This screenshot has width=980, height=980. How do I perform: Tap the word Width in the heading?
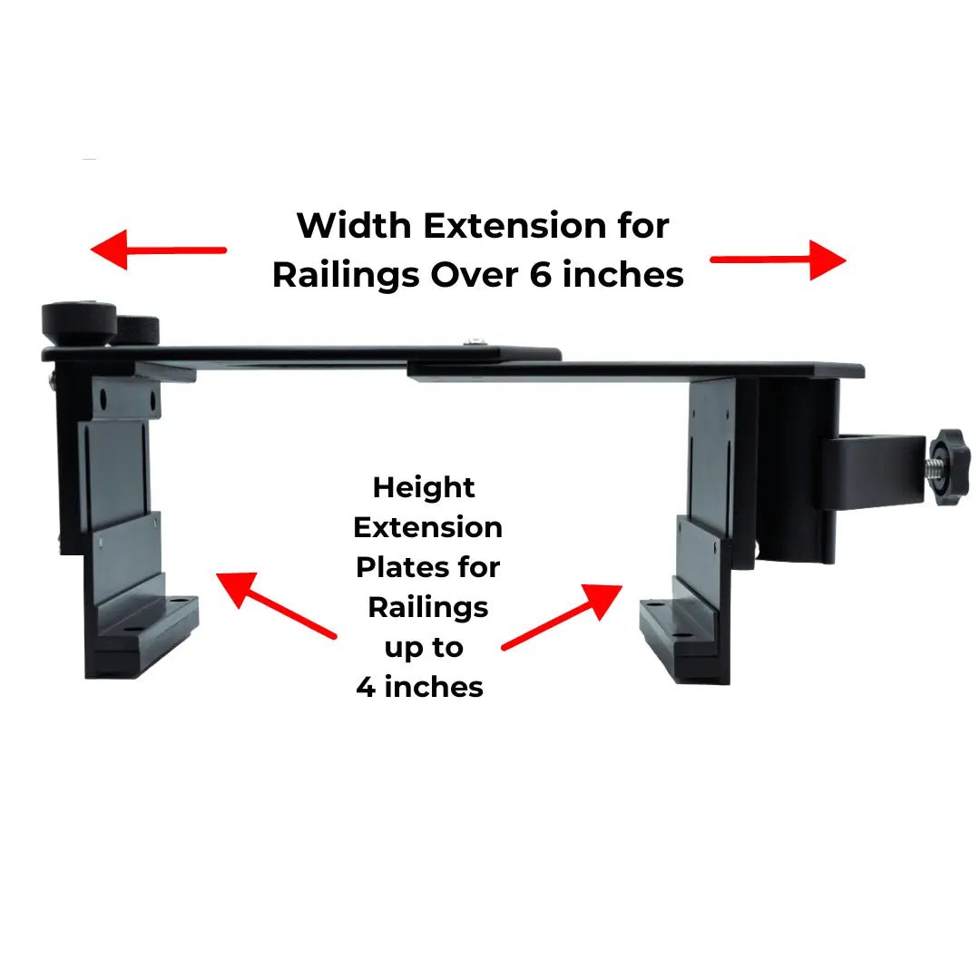[353, 225]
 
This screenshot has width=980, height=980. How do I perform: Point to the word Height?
[424, 487]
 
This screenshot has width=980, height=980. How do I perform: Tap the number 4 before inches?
[366, 687]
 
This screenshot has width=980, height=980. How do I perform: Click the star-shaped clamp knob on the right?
[948, 463]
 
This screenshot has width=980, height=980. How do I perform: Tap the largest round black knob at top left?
[79, 322]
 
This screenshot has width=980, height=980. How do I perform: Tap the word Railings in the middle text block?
[427, 607]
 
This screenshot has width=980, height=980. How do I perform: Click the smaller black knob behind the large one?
[139, 328]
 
